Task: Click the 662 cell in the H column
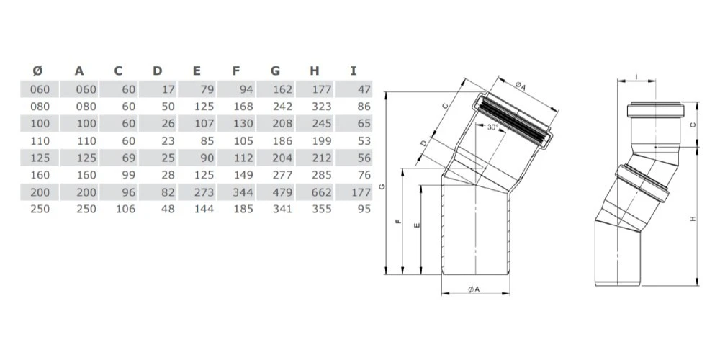(x=321, y=192)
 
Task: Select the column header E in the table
(x=197, y=71)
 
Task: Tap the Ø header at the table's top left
(x=39, y=71)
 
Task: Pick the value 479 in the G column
(x=282, y=192)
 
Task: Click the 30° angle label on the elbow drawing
(x=492, y=128)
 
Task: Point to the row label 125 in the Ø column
(x=40, y=158)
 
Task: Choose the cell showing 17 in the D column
(x=168, y=89)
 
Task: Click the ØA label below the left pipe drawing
(x=474, y=289)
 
